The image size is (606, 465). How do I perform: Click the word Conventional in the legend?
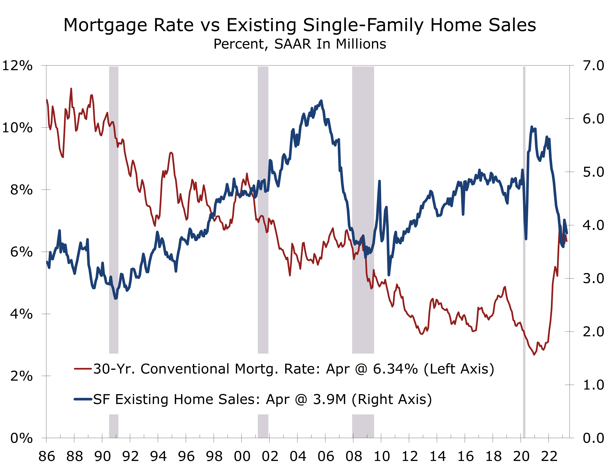[x=185, y=369]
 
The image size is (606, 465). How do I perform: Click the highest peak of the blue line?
[x=321, y=101]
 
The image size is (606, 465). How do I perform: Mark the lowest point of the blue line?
[x=116, y=298]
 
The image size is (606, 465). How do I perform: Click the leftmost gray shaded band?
[x=114, y=194]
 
